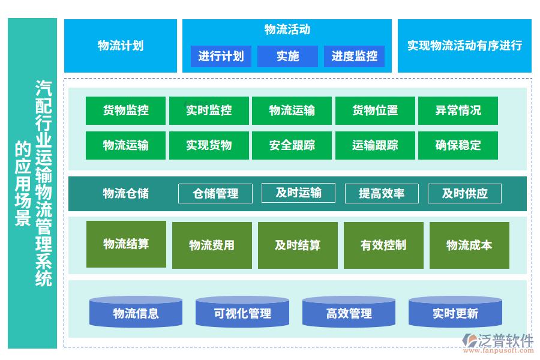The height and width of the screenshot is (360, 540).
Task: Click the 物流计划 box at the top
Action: tap(121, 46)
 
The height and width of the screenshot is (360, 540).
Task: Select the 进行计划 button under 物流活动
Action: tap(221, 56)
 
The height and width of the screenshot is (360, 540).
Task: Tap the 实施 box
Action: tap(287, 56)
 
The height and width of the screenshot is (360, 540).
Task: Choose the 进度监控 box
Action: tap(354, 56)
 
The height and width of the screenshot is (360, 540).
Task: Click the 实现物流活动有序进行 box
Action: tap(464, 46)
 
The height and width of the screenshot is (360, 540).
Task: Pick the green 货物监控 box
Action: tap(125, 110)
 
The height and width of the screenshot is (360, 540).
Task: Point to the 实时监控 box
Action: tap(209, 110)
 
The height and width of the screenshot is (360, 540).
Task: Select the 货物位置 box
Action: tap(375, 110)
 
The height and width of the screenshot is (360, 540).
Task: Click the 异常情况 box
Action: tap(458, 110)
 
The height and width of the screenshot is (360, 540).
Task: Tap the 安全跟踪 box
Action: tap(292, 145)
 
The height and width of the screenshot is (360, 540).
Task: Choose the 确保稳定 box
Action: tap(458, 145)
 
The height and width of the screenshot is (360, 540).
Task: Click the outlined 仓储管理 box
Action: tap(215, 193)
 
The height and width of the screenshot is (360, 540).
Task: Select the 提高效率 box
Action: tap(382, 193)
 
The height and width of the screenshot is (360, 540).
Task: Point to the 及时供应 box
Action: tap(464, 193)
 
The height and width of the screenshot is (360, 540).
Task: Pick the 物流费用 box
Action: tap(212, 245)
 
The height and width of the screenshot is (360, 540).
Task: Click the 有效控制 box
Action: tap(383, 245)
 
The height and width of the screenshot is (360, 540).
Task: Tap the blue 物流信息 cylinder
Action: tap(136, 313)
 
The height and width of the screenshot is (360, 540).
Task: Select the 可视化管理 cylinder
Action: tap(242, 313)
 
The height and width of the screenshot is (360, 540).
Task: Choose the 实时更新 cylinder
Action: tap(455, 313)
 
